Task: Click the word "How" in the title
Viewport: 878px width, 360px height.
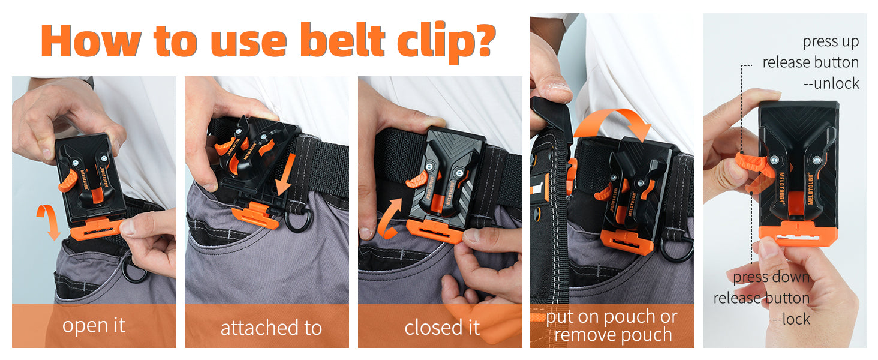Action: (91, 41)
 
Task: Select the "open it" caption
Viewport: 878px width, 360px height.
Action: (94, 325)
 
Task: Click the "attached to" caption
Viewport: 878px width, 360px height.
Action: (271, 328)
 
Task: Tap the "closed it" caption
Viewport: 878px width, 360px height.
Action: (442, 328)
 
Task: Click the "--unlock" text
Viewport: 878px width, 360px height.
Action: (831, 83)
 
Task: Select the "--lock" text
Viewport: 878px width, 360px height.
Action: (791, 319)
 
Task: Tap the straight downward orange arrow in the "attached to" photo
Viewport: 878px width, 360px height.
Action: (285, 175)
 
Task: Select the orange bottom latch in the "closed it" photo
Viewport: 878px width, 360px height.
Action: (435, 231)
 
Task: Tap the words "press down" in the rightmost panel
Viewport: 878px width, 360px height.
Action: (771, 277)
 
